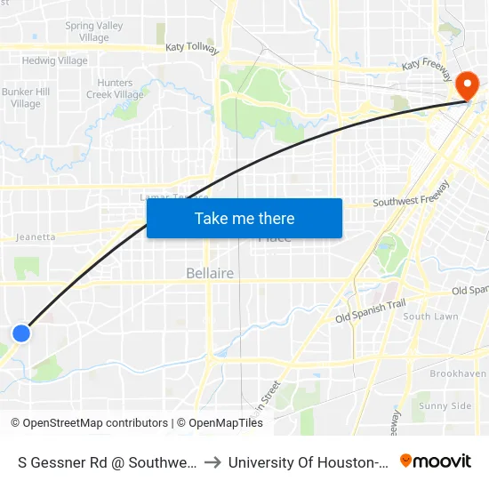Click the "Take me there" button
244,219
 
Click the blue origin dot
21,333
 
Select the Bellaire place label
210,273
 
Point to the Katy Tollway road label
192,49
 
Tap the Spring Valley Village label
93,32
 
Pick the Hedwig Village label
55,61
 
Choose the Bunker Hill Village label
26,98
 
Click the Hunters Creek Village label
115,89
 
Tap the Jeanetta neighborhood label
36,237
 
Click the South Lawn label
431,317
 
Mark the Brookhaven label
458,374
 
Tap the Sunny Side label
445,406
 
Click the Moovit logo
436,461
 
